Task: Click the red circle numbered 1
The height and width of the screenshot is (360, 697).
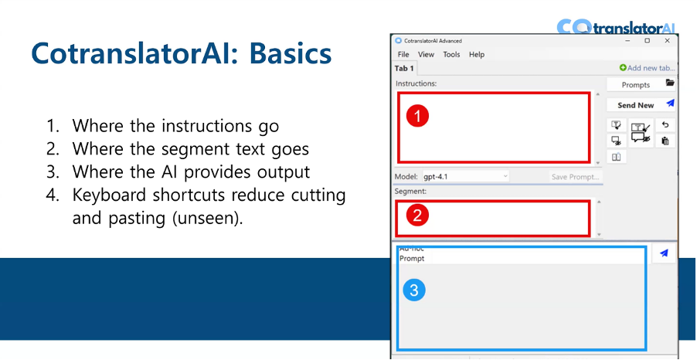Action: click(417, 116)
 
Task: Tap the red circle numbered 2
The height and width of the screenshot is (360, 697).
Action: click(417, 216)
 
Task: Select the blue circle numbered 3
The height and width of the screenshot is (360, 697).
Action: click(414, 290)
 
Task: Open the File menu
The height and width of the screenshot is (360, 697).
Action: click(403, 55)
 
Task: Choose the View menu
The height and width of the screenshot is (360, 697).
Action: click(427, 55)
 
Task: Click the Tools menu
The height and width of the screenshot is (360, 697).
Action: click(451, 55)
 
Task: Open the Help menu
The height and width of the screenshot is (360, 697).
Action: click(477, 55)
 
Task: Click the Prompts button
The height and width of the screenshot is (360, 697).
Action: click(636, 85)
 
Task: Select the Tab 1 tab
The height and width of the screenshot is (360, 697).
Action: click(405, 68)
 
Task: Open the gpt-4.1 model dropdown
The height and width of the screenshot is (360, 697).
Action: click(465, 177)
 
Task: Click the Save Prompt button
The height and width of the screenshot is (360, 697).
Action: click(575, 177)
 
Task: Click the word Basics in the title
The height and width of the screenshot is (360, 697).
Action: click(285, 54)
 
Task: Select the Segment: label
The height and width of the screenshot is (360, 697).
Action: click(411, 191)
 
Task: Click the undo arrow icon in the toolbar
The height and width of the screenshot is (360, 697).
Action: click(665, 125)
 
